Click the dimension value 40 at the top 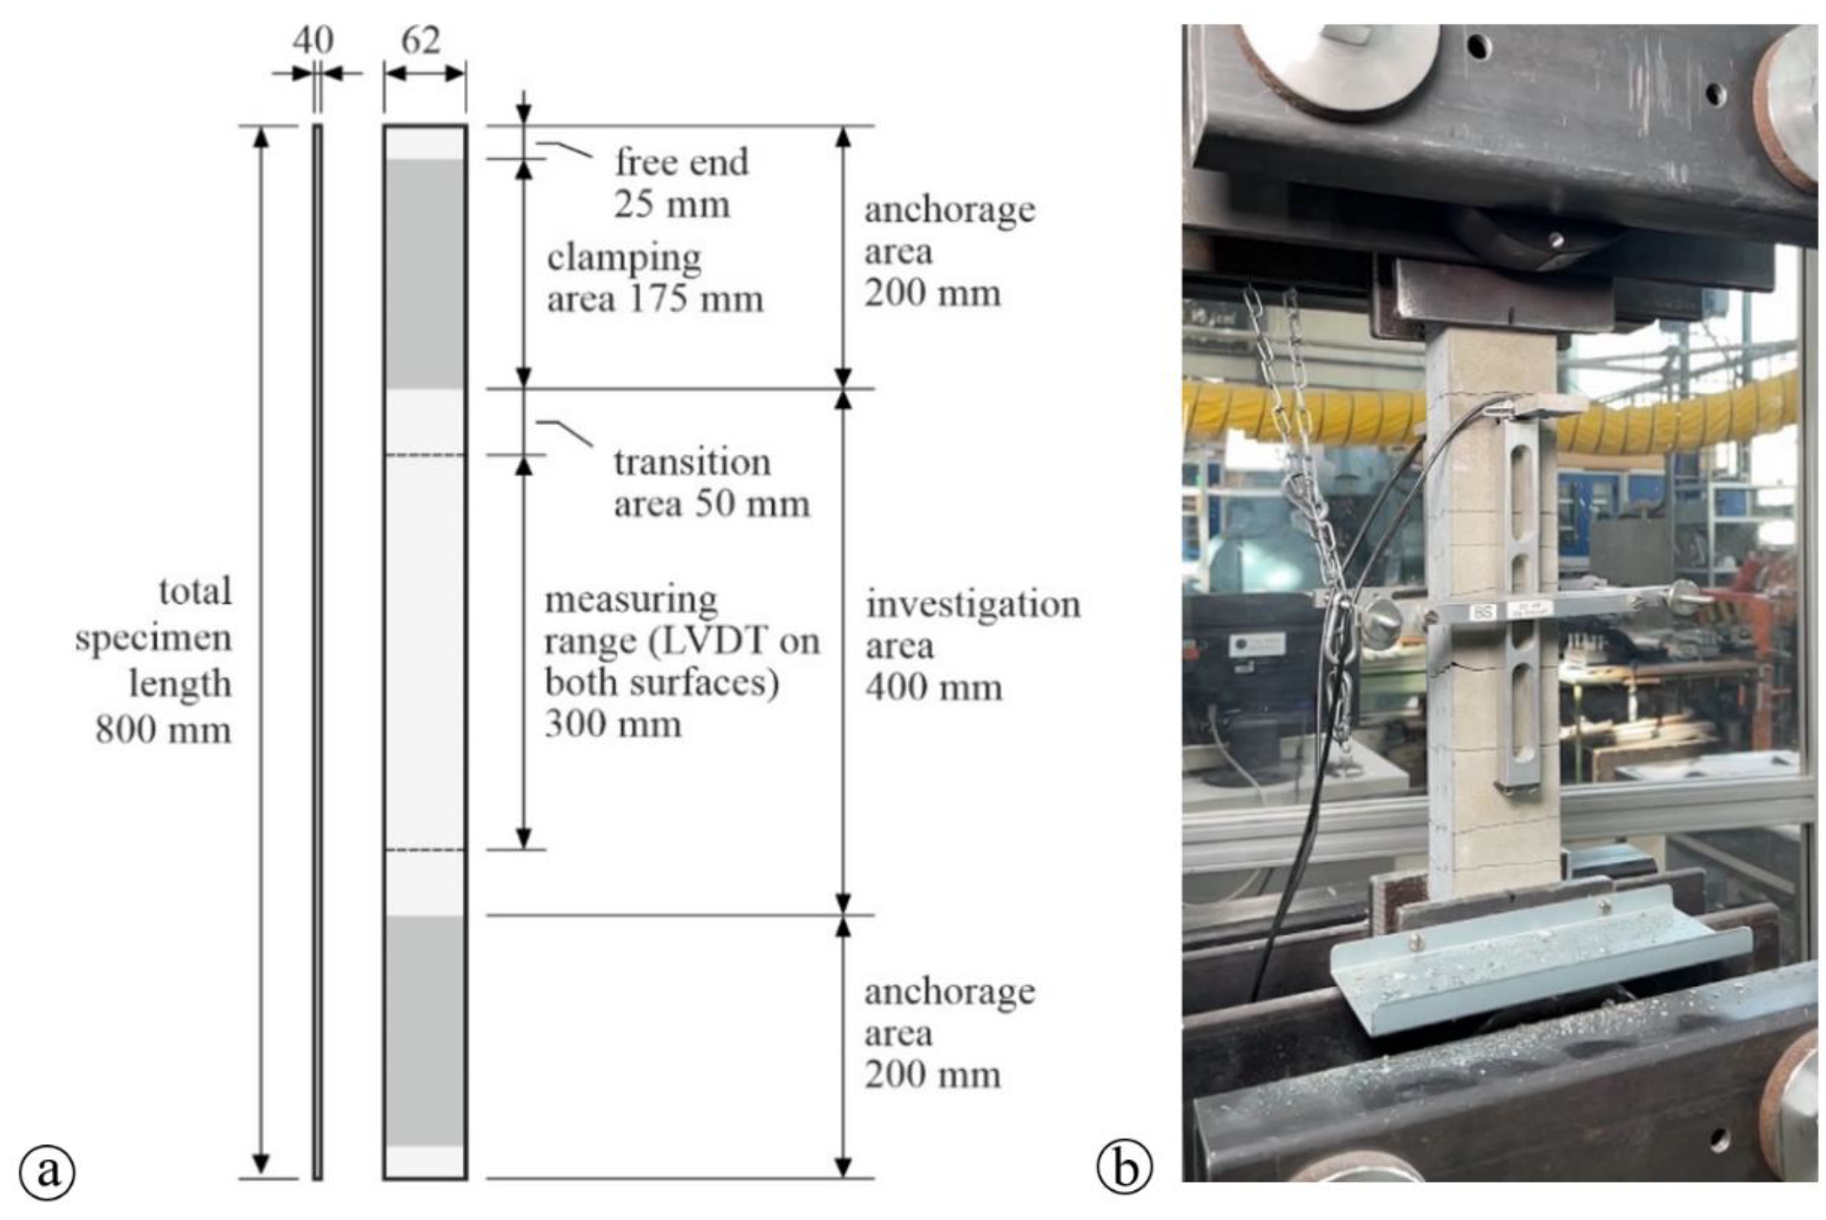313,40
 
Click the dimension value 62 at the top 421,40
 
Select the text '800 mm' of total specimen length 164,730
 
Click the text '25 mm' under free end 672,205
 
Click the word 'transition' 692,463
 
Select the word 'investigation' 973,605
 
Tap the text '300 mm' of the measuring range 613,724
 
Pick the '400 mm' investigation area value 934,688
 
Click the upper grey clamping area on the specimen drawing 425,272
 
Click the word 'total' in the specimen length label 196,592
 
